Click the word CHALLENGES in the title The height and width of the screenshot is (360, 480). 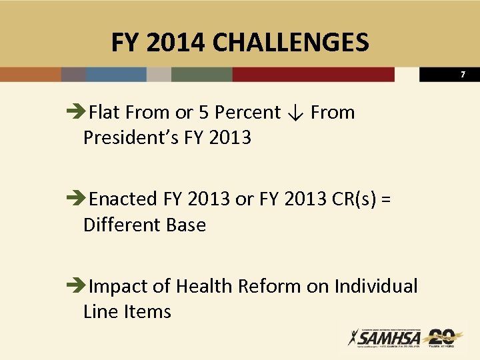pyautogui.click(x=290, y=43)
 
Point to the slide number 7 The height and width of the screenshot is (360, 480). pyautogui.click(x=463, y=75)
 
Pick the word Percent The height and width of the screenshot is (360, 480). pyautogui.click(x=247, y=113)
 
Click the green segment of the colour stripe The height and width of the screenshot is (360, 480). pyautogui.click(x=201, y=74)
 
